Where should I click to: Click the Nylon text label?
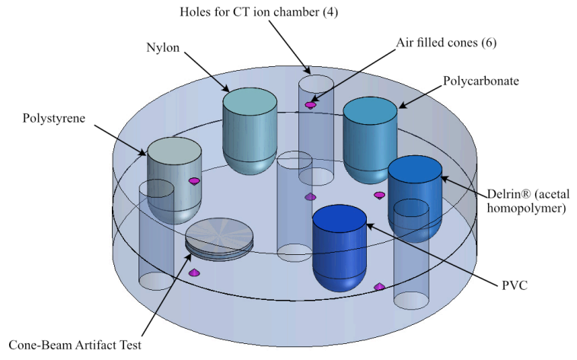click(x=164, y=47)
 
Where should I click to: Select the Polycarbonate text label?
click(x=481, y=81)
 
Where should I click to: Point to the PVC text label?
click(x=515, y=285)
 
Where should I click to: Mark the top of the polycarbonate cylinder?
click(x=370, y=110)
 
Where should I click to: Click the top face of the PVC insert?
click(x=340, y=218)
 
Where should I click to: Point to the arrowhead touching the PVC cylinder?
click(x=369, y=225)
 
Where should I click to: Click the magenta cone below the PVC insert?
click(x=379, y=286)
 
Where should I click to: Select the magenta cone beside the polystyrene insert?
click(x=194, y=181)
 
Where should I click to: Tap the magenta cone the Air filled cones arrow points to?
click(x=311, y=104)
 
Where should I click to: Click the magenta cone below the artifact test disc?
click(x=193, y=272)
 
